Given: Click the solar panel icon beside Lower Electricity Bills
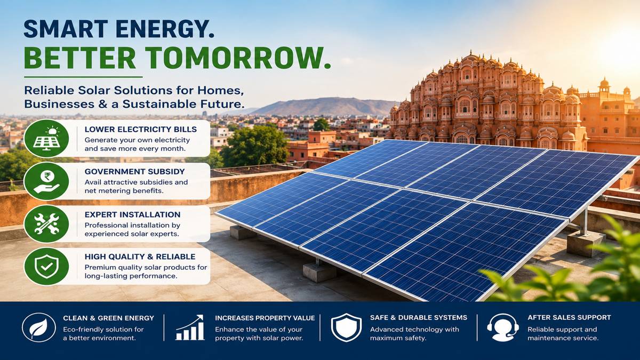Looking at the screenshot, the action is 46,139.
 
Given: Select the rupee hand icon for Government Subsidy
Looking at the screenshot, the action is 46,181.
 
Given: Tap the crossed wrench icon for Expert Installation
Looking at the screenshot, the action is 46,223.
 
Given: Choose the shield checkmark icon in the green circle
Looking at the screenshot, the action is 46,266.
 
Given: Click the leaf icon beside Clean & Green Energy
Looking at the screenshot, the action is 39,327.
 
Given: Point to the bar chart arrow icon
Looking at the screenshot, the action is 190,327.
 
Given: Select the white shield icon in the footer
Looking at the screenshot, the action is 346,327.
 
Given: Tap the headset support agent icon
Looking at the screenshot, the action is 502,327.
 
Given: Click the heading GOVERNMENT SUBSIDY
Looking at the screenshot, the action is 134,172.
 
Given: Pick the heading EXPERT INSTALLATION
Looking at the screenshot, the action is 132,214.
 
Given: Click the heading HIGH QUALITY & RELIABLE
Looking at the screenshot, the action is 140,257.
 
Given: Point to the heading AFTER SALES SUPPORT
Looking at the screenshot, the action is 569,317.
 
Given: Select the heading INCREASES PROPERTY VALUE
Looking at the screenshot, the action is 265,318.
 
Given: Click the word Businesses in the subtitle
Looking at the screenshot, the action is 59,104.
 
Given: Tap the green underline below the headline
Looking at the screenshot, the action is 83,77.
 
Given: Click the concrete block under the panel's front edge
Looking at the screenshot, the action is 319,273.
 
